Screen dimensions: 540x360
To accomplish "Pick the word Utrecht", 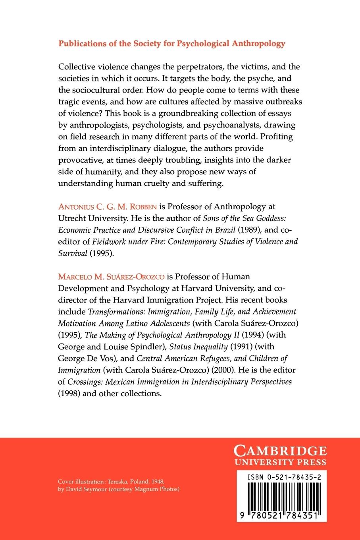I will (73, 218).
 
